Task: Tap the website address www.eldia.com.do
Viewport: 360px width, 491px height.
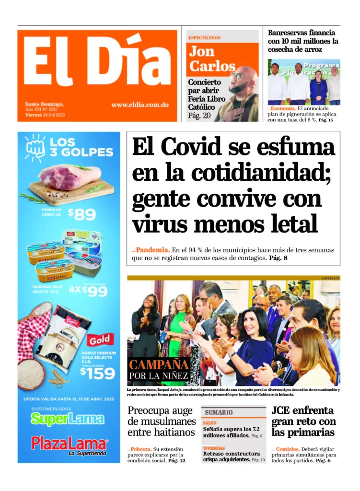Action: [139, 105]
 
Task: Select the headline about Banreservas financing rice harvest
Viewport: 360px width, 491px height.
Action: [302, 41]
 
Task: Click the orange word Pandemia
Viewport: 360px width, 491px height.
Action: [152, 250]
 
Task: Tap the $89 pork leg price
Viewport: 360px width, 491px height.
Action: [81, 214]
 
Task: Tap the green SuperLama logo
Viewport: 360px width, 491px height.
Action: [68, 419]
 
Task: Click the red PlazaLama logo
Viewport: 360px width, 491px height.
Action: [70, 444]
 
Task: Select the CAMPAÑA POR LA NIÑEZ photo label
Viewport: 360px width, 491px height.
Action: [159, 369]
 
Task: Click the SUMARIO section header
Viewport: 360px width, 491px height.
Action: [219, 412]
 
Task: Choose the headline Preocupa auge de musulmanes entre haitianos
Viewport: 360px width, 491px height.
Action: [162, 421]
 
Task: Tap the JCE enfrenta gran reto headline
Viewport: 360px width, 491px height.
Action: [303, 421]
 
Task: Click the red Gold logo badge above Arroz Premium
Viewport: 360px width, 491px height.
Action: [100, 339]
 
